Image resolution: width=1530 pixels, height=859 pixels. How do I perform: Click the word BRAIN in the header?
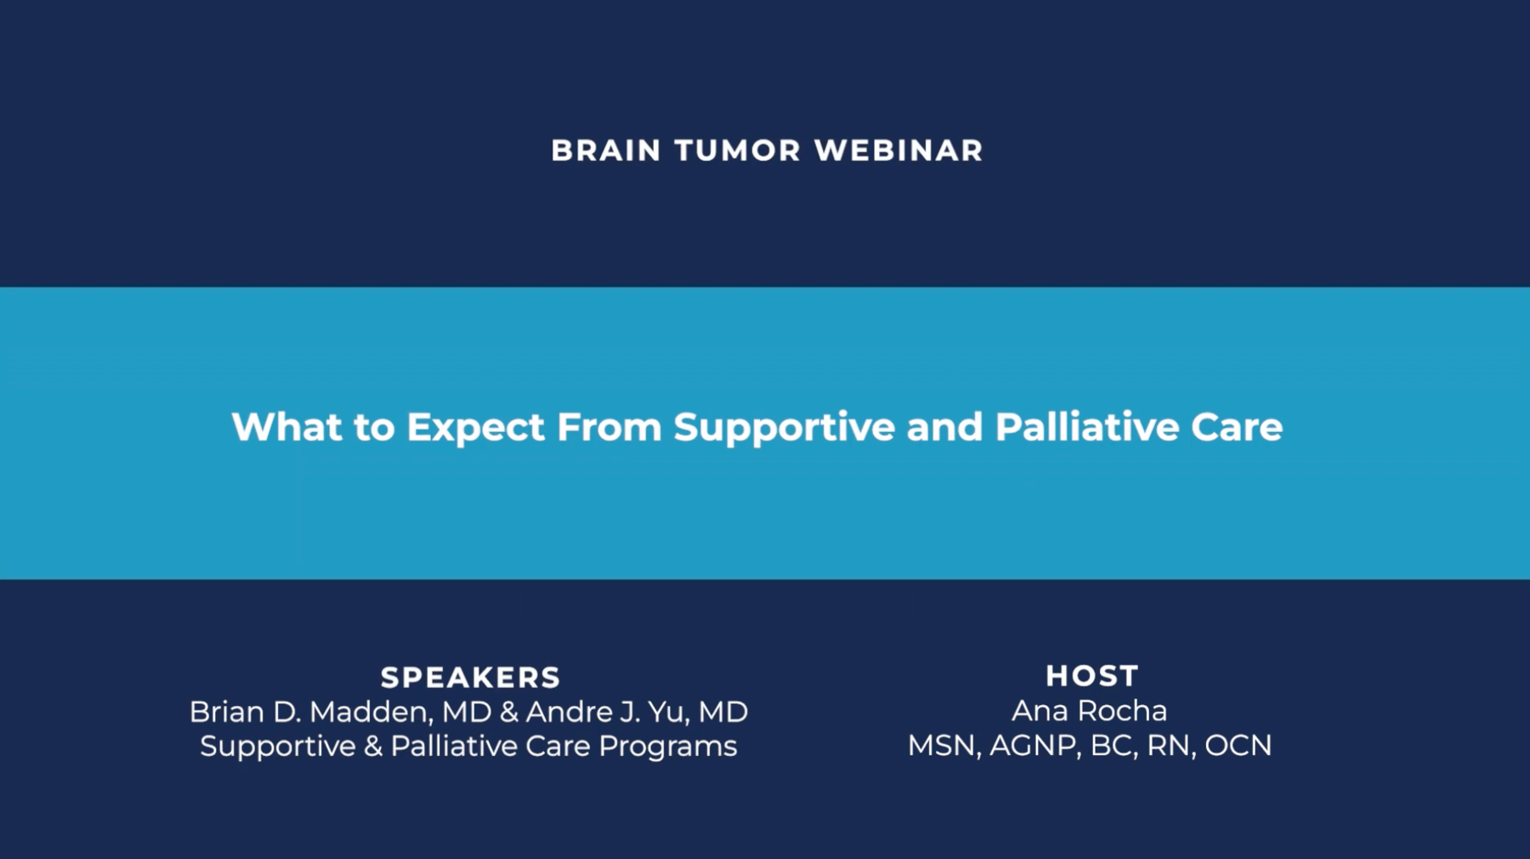point(606,151)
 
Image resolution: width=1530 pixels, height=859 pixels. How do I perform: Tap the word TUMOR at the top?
point(738,151)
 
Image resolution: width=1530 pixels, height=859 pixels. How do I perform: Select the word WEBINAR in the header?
point(898,151)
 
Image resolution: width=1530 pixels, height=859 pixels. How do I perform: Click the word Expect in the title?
point(475,427)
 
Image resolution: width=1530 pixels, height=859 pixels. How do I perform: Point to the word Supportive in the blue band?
point(784,427)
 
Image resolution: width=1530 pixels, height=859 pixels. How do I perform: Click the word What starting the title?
point(286,427)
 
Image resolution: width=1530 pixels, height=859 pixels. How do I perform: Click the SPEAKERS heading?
point(470,678)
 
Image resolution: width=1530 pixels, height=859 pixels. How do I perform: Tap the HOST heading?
point(1091,676)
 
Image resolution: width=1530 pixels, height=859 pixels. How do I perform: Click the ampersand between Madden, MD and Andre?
point(509,712)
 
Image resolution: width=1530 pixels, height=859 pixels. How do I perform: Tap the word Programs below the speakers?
point(667,747)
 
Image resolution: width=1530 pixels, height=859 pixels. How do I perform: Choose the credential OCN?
point(1238,746)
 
